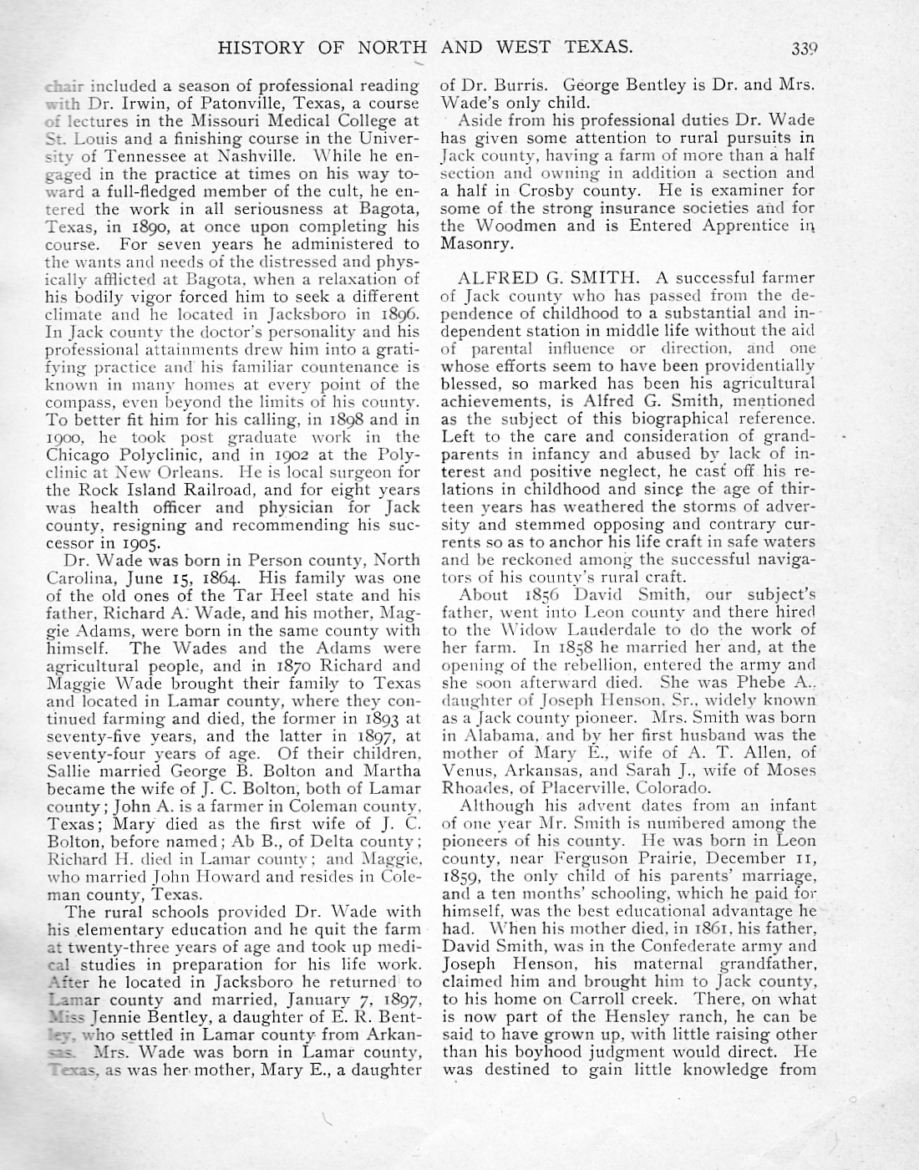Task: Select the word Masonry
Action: tap(475, 243)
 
